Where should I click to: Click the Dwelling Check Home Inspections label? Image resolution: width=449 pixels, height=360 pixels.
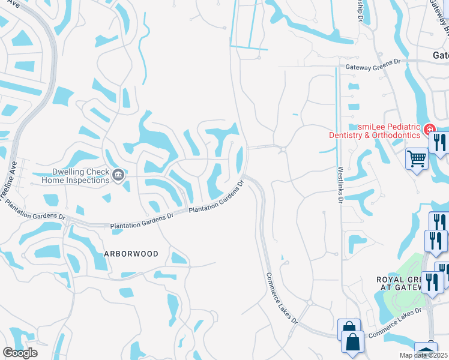[71, 174]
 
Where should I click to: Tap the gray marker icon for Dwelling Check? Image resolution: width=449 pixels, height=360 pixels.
[118, 175]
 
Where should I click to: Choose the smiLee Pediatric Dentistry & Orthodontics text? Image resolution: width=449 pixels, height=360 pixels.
[373, 131]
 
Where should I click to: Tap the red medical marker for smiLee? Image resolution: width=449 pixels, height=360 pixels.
[429, 129]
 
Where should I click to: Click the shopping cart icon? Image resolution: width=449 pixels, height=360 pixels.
[417, 159]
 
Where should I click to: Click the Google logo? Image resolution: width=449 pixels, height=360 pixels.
[20, 352]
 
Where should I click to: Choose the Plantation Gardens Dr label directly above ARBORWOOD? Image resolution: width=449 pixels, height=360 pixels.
[141, 223]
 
